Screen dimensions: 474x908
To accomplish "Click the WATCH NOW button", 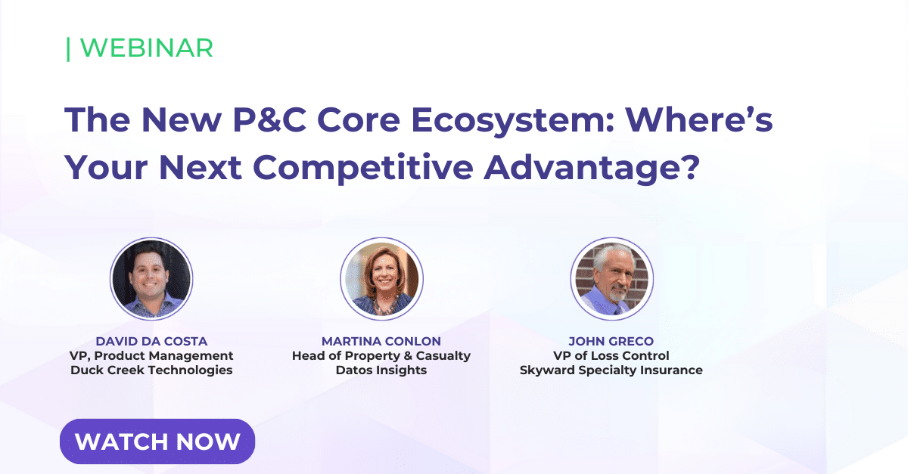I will [x=157, y=441].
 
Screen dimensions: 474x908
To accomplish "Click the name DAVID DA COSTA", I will [x=151, y=341].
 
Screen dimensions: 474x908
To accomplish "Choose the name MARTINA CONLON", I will [x=381, y=341].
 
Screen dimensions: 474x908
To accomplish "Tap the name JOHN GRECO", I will [x=611, y=341].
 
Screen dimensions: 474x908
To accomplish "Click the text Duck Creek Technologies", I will [x=151, y=370].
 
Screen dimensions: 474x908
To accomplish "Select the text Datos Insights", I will [x=381, y=370].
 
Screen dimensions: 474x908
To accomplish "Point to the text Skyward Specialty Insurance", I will [x=611, y=370].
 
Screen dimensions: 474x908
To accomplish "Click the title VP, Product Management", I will [x=151, y=355].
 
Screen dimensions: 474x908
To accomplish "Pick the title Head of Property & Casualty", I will [x=381, y=355].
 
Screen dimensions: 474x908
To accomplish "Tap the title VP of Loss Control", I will [x=611, y=355].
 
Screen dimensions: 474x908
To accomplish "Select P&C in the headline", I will [x=256, y=120].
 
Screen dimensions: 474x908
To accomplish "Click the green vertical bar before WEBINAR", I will [x=68, y=48].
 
